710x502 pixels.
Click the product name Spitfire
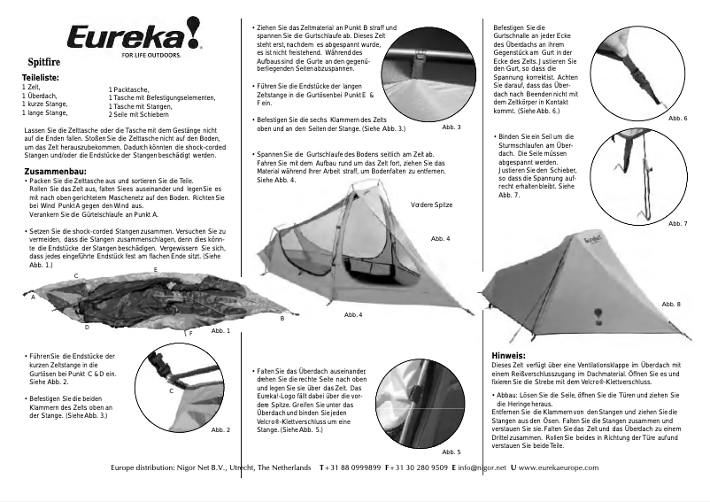coord(45,64)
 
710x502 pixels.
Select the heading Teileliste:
coord(40,79)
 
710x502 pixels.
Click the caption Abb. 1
coord(220,330)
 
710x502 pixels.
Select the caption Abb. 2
coord(220,429)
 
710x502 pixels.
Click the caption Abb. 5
coord(451,452)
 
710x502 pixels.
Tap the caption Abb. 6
coord(678,118)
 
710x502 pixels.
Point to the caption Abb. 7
coord(678,223)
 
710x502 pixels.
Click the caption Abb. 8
coord(673,304)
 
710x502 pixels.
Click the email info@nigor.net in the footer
coord(482,467)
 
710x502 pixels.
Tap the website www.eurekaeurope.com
coord(565,467)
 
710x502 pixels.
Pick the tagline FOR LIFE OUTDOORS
coord(151,54)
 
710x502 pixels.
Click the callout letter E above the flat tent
coord(155,268)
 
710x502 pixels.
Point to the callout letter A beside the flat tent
coord(33,297)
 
